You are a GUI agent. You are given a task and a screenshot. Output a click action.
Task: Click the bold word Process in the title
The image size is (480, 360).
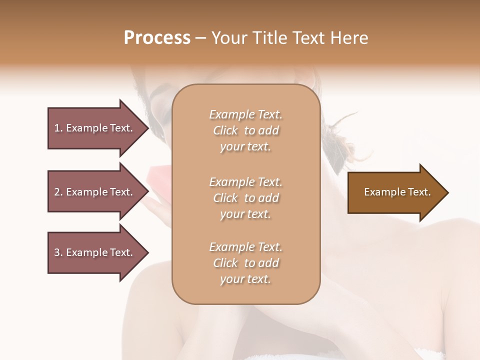click(157, 38)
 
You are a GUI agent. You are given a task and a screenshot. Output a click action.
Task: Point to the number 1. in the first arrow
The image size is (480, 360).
click(58, 128)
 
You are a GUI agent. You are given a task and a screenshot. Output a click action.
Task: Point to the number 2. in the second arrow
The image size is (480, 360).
click(58, 192)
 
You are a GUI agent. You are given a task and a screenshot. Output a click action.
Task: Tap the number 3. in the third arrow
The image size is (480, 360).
click(58, 252)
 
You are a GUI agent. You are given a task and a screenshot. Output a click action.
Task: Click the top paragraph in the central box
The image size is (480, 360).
click(245, 130)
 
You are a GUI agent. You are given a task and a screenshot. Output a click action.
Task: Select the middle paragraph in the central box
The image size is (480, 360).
click(245, 198)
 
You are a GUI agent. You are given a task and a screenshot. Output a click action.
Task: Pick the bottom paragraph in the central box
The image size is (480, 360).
click(245, 263)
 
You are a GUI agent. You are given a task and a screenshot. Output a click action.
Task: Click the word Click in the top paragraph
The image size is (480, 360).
click(225, 130)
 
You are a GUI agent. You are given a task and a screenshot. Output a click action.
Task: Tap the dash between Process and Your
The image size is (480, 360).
click(200, 38)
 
